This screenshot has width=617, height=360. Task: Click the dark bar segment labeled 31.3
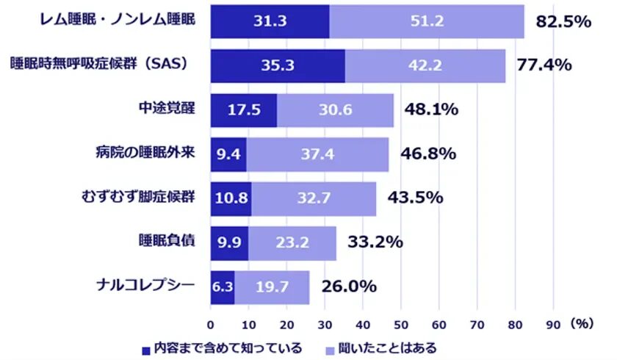tap(270, 21)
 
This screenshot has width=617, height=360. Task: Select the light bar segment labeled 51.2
tap(427, 21)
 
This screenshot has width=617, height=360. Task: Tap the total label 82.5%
tap(563, 21)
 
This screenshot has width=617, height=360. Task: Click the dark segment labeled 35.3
tap(278, 65)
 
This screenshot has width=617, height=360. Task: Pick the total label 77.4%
tap(544, 65)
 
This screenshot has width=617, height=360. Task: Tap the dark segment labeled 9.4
tap(228, 154)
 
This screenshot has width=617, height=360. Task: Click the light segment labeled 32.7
tap(314, 198)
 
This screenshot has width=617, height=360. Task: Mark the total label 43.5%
tap(416, 198)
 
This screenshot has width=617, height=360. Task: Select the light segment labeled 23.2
tap(292, 242)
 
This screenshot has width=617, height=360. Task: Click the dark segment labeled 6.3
tap(223, 287)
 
